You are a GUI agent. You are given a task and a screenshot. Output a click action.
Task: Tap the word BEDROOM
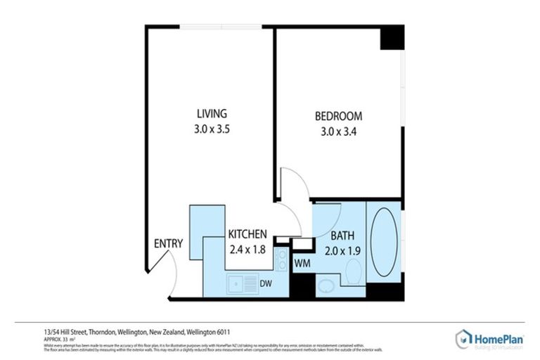coord(337,116)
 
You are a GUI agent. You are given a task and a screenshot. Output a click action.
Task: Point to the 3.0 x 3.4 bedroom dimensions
coord(337,131)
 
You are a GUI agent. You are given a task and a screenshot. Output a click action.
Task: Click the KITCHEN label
coord(247,234)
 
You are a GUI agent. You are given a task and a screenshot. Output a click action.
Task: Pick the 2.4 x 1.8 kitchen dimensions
coord(247,248)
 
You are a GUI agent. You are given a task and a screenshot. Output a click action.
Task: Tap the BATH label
coord(342,236)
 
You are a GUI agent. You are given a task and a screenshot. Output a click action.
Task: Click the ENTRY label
coord(169,244)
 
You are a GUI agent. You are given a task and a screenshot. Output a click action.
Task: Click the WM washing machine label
coord(302,263)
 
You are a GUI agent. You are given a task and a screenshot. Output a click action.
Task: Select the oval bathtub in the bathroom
coord(383,243)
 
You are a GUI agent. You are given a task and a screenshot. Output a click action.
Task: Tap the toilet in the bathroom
coord(354,270)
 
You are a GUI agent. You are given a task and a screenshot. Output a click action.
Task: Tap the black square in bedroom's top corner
coord(392,37)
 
